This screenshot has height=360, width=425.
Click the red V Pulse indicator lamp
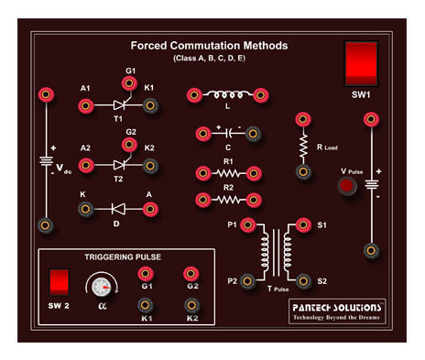[x=347, y=188]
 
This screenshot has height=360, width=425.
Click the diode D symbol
[x=118, y=209]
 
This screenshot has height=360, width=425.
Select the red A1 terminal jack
[x=86, y=105]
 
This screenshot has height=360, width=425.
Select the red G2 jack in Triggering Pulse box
[x=191, y=274]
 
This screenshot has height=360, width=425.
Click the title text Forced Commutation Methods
[x=209, y=45]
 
